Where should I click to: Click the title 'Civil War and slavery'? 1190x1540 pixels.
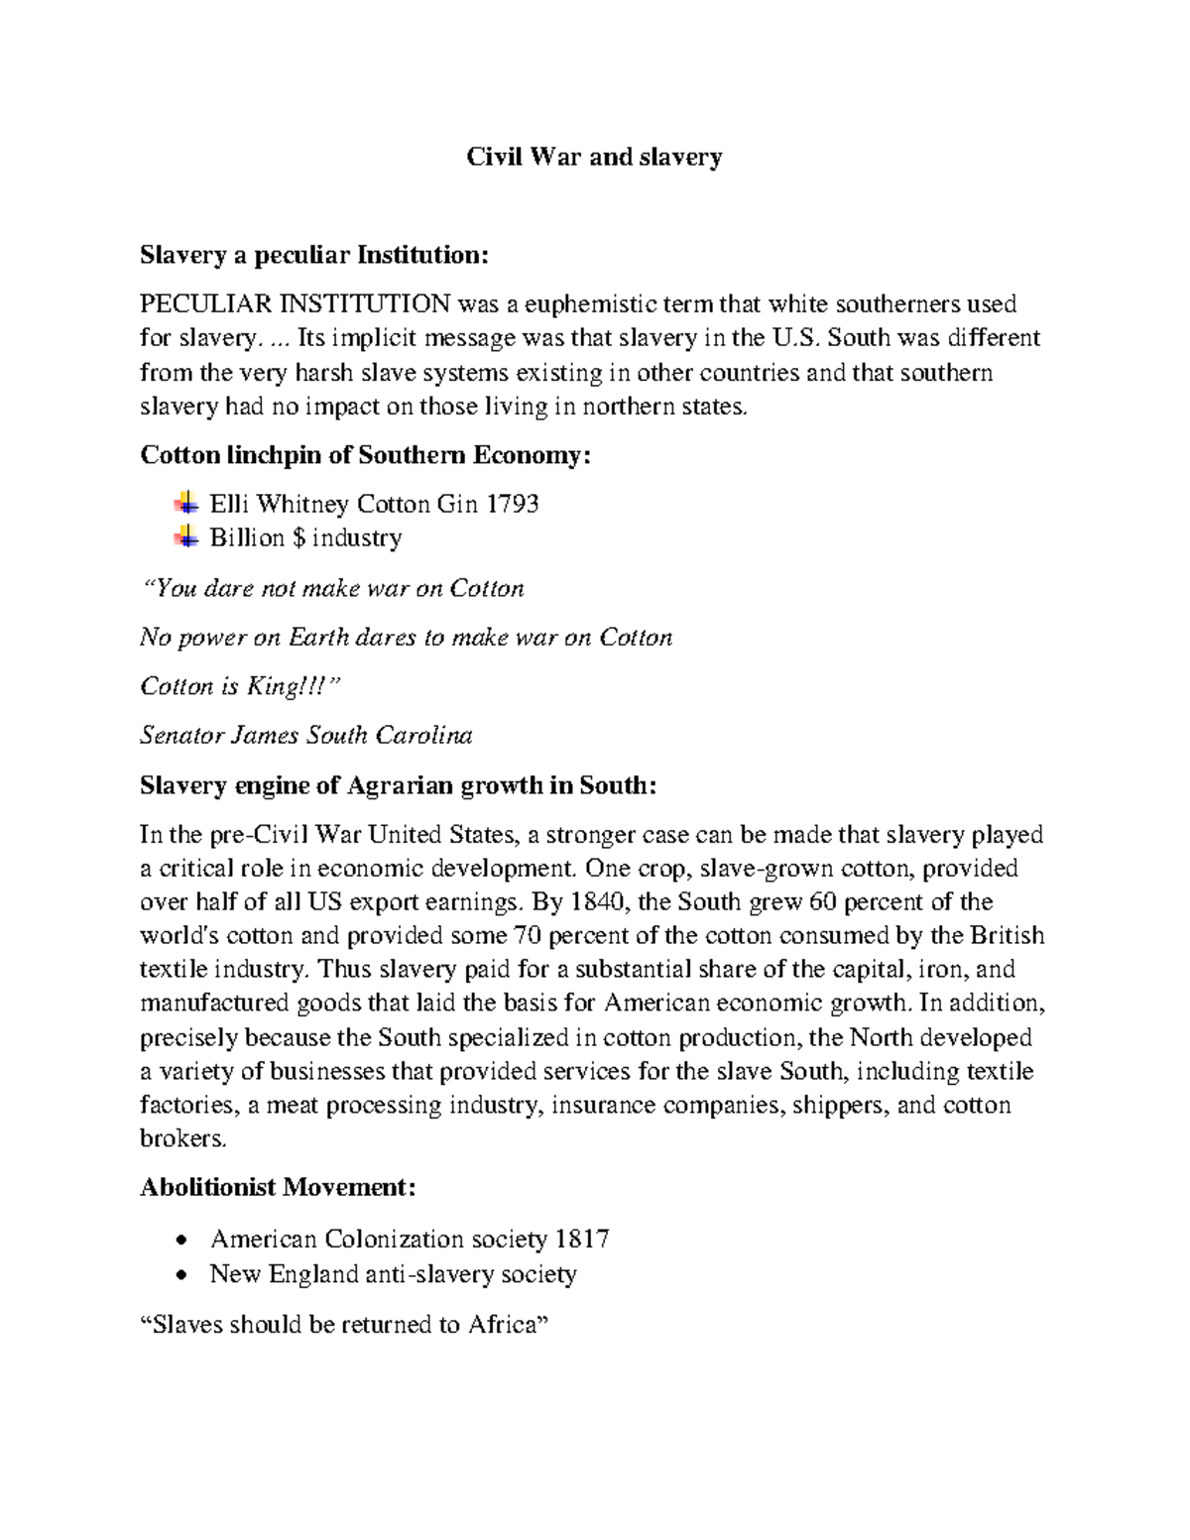click(594, 157)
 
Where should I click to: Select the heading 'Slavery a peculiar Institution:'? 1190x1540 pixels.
click(314, 255)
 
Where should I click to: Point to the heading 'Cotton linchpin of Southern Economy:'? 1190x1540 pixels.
click(365, 455)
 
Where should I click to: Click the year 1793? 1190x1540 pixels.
click(512, 504)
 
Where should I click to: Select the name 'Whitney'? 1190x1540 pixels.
click(302, 504)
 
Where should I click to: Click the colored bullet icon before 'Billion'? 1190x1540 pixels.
click(185, 537)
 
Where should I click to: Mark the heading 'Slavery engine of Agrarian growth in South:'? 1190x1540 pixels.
click(398, 785)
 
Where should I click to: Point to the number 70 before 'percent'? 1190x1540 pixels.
click(527, 936)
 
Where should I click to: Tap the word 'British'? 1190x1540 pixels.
click(1007, 936)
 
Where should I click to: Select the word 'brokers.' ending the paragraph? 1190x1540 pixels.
click(183, 1138)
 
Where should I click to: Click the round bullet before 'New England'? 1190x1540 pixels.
click(180, 1275)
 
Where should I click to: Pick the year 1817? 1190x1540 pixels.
click(582, 1240)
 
